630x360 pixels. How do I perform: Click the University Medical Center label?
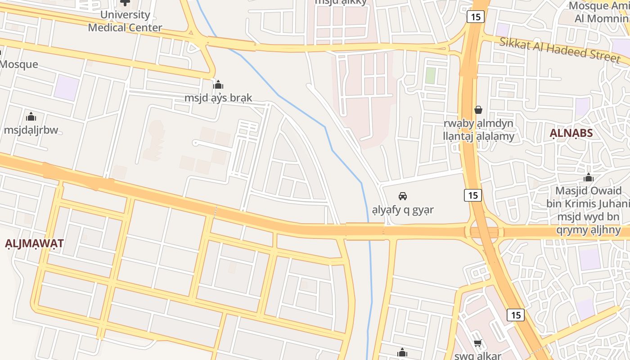point(125,21)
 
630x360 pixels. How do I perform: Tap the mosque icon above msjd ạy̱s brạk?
point(218,85)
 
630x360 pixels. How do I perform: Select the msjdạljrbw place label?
point(31,130)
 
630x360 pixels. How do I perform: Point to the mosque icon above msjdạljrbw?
point(31,117)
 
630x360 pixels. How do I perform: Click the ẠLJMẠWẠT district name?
point(34,243)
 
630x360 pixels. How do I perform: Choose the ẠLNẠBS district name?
point(571,133)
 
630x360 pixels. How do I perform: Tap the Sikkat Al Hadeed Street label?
point(560,49)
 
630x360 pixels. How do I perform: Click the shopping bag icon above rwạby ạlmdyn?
point(478,110)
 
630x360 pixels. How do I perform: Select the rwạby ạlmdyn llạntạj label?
point(478,130)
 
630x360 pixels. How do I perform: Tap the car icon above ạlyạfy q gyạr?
point(403,196)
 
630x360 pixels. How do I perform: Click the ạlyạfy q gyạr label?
point(403,210)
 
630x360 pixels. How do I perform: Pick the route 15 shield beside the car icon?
point(472,195)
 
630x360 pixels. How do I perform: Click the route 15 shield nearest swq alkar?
point(515,315)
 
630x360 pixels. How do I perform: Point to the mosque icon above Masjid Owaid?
point(588,177)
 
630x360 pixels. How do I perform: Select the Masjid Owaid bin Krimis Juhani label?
point(589,197)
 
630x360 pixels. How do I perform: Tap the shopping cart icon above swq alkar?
point(478,343)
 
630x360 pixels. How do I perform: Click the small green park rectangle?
point(431,75)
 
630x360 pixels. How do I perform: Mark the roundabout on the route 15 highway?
point(484,232)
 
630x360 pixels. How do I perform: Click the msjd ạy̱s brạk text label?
point(218,98)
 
